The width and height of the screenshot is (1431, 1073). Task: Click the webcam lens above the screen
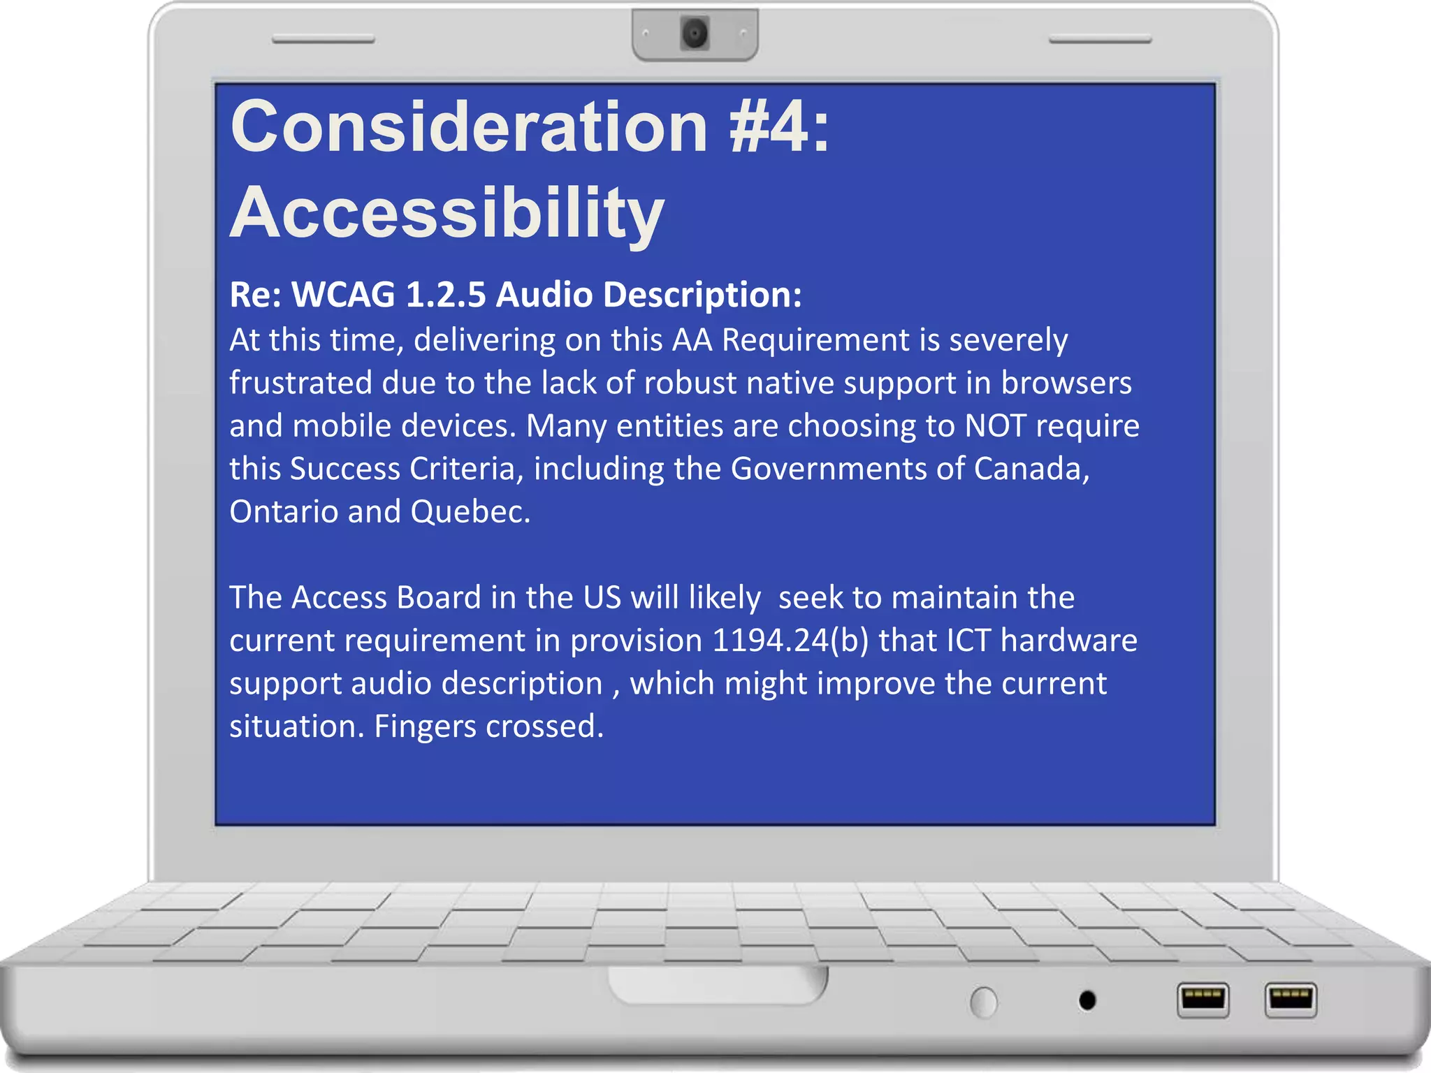695,34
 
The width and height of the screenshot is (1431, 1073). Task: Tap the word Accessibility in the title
446,213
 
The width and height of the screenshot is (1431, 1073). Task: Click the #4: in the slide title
778,126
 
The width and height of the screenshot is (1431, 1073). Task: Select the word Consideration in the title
469,126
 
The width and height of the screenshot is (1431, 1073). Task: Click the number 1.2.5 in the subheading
445,294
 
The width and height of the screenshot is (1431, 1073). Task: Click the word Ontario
283,511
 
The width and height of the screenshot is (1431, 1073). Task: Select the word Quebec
470,511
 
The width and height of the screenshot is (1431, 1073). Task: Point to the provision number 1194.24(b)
790,641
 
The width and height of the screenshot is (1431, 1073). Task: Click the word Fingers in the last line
425,727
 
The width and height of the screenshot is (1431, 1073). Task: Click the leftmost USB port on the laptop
1203,999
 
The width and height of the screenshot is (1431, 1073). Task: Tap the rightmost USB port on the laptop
1291,999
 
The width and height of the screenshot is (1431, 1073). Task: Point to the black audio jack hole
1087,1000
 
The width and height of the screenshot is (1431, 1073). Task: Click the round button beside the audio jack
984,1002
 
